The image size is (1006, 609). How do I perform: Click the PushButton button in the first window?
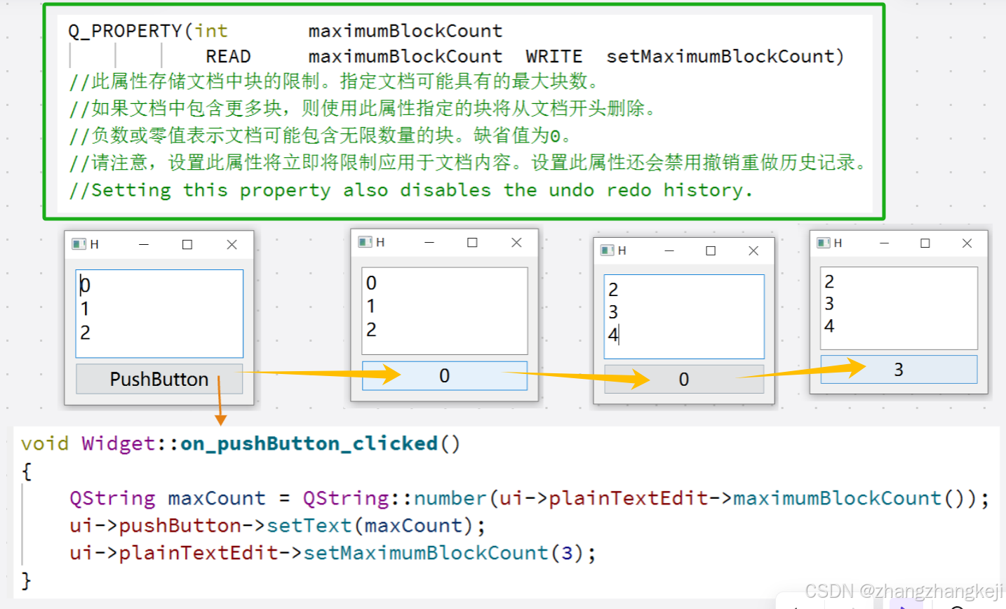tap(159, 379)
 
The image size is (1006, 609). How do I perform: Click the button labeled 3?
tap(899, 370)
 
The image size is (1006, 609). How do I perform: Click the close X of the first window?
tap(232, 244)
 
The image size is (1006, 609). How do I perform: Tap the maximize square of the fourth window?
tap(925, 243)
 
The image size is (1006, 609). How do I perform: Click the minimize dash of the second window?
tap(429, 242)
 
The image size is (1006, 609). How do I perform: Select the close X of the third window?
tap(753, 250)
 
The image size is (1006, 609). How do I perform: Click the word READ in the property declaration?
tap(228, 57)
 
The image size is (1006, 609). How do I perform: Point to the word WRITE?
tap(554, 57)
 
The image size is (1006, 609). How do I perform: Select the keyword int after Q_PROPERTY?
tap(211, 31)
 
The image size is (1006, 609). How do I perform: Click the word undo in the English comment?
tap(571, 190)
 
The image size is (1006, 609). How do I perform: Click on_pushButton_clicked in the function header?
tap(309, 443)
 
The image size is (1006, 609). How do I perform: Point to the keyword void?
tap(45, 443)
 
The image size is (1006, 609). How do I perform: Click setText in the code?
tap(309, 526)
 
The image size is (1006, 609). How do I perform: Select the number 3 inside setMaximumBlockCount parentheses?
tap(567, 553)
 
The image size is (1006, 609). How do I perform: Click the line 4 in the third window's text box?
tap(613, 335)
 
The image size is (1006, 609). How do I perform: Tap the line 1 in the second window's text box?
tap(371, 306)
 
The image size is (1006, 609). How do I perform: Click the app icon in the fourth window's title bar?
tap(824, 243)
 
